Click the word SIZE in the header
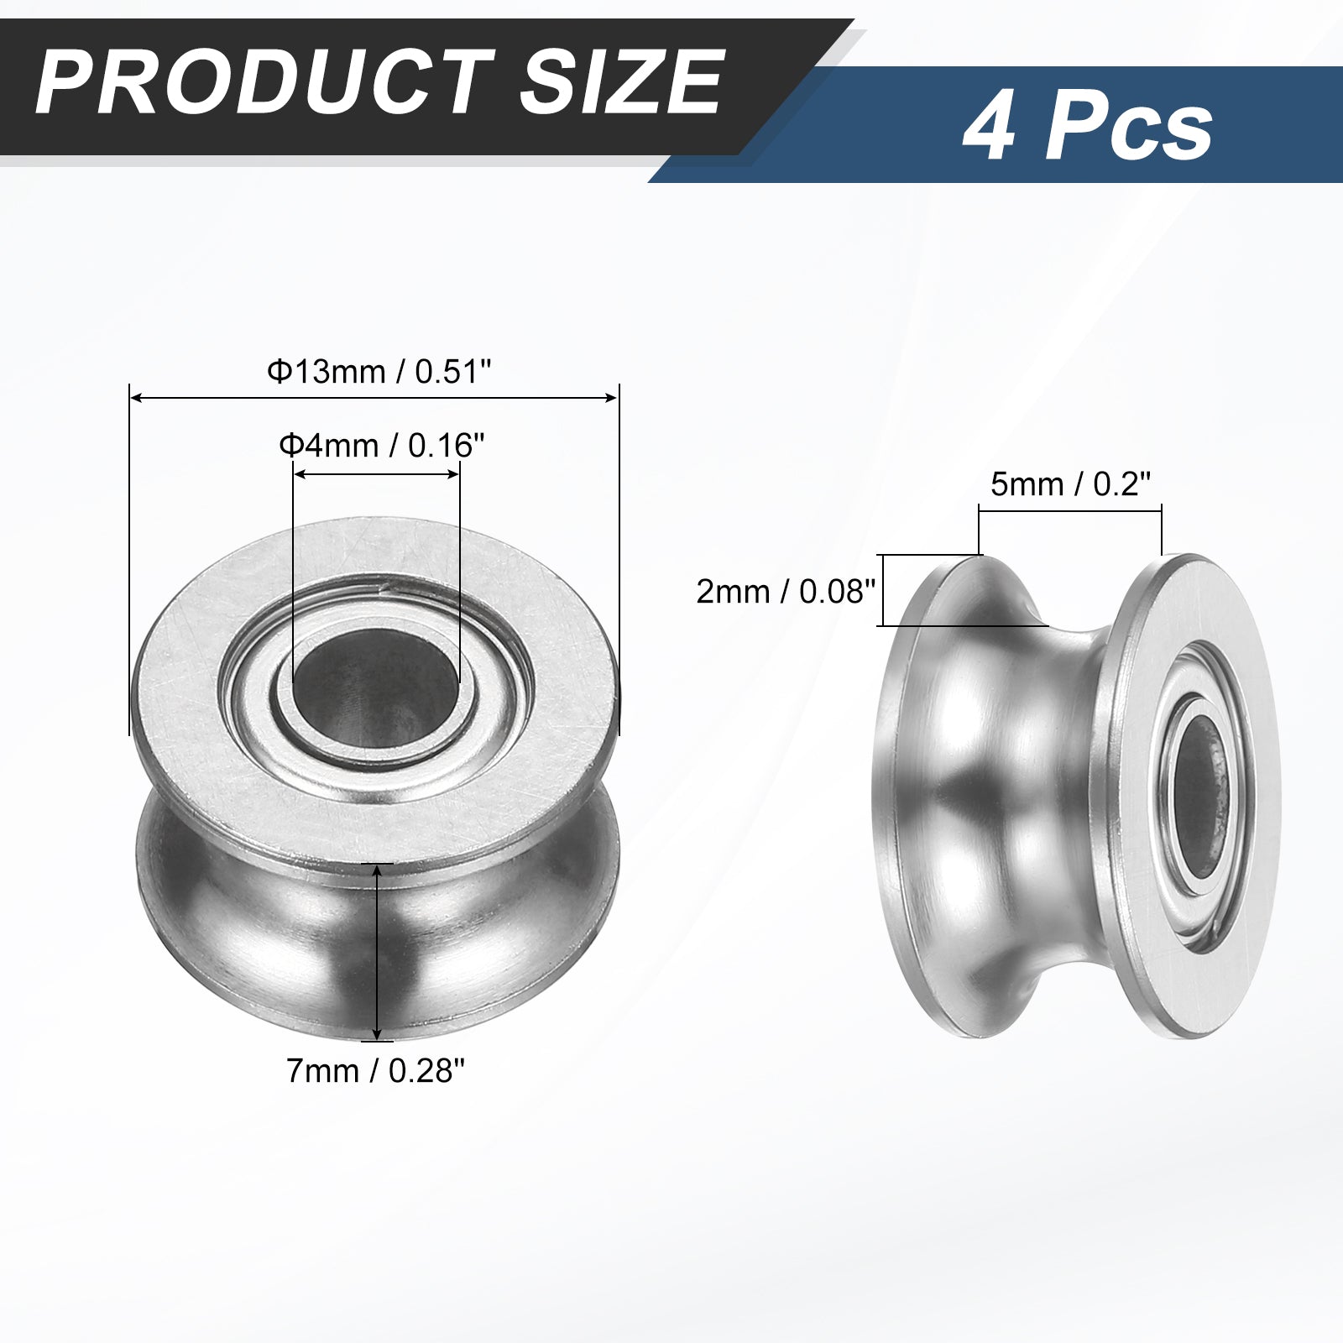pyautogui.click(x=621, y=83)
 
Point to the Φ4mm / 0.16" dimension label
pyautogui.click(x=382, y=445)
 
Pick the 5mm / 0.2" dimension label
pyautogui.click(x=1070, y=483)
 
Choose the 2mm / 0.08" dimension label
pyautogui.click(x=786, y=592)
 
